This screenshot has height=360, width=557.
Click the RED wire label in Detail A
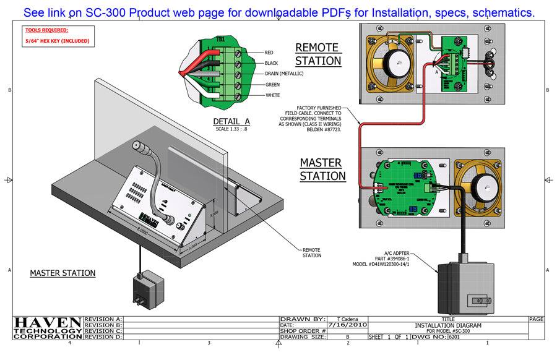(269, 53)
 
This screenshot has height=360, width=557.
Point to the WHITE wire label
(272, 95)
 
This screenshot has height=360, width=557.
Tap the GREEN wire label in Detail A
(272, 85)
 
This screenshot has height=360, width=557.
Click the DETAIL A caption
(231, 121)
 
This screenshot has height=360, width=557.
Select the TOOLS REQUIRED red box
(58, 35)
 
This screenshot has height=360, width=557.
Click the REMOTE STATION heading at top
(317, 54)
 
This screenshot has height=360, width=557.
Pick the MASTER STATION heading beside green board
(322, 169)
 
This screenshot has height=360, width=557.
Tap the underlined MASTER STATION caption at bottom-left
(63, 273)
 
